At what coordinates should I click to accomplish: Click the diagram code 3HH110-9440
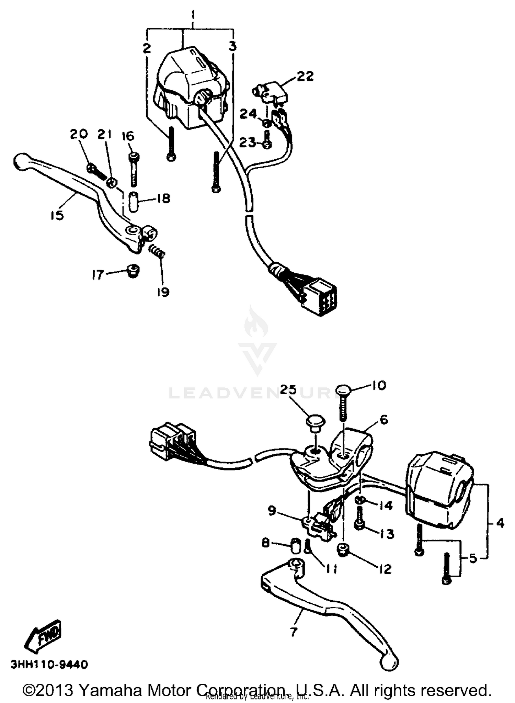pos(49,664)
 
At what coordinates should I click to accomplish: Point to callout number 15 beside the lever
pos(57,216)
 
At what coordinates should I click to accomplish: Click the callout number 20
pos(79,134)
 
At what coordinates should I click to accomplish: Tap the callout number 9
pos(272,511)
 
